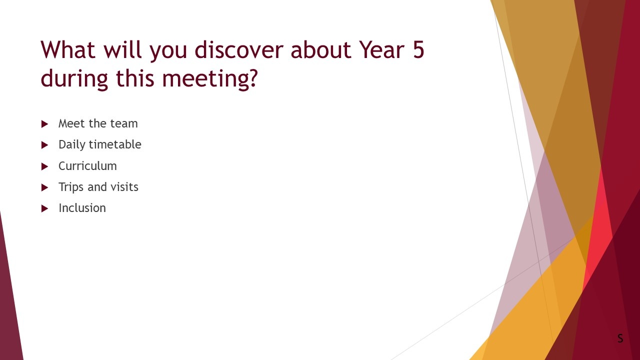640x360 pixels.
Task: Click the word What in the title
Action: [68, 49]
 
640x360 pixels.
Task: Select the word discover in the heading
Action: [238, 49]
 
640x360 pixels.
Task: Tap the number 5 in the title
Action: [418, 49]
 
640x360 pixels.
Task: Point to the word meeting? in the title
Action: [210, 78]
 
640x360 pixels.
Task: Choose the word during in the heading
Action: [74, 78]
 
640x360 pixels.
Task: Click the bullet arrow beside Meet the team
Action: [44, 124]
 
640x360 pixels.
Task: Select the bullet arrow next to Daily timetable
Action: [44, 145]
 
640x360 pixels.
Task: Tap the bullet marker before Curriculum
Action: [44, 166]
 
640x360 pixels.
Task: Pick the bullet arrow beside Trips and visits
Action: [44, 187]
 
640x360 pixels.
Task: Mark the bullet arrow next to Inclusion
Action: [44, 208]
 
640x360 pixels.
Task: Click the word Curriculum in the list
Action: [87, 166]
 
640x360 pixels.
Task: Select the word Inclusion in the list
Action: [82, 208]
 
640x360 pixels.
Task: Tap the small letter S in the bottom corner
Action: [620, 338]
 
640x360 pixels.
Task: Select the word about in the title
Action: [321, 49]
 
